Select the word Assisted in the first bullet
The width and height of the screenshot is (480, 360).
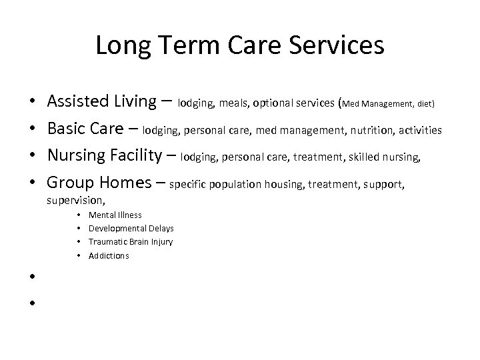[79, 101]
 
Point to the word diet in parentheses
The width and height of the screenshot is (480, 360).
[423, 104]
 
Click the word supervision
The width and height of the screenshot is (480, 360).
[77, 201]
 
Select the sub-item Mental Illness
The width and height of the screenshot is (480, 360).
[115, 215]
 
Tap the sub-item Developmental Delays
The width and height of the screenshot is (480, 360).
[131, 229]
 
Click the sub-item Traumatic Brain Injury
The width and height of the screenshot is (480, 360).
[131, 242]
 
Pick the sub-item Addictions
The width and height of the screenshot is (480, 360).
[109, 255]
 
